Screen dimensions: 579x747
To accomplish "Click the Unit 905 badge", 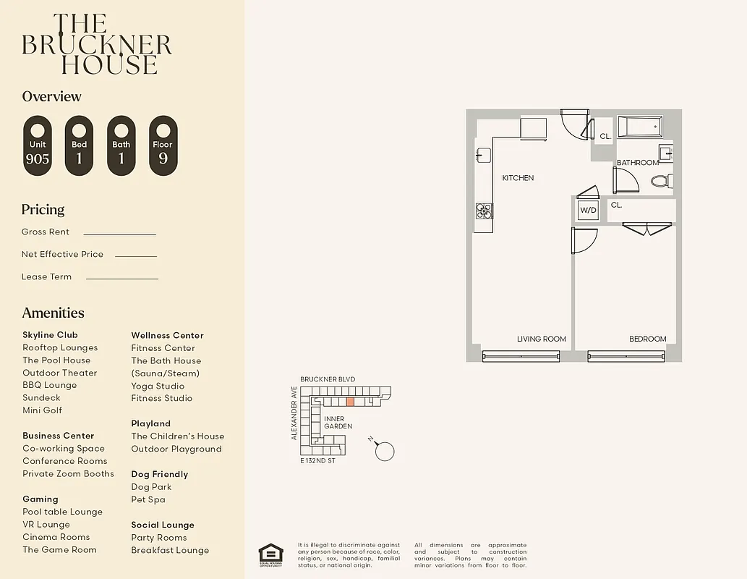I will (38, 145).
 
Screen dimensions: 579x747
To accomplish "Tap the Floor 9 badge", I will (163, 145).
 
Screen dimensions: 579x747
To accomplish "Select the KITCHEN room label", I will (518, 178).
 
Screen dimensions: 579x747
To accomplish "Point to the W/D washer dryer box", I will (588, 211).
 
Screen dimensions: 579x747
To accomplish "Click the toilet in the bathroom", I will (662, 180).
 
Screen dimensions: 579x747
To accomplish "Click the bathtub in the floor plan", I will (640, 127).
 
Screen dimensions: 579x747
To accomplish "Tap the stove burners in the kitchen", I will (483, 211).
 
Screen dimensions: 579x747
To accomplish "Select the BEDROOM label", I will (647, 339).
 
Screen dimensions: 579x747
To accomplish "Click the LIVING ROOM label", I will (541, 339).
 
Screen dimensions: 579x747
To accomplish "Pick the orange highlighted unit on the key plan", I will (350, 401).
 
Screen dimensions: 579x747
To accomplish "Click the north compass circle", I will (385, 451).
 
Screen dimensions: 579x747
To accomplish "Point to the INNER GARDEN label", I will (338, 423).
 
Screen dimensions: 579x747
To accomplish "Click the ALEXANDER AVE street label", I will (294, 413).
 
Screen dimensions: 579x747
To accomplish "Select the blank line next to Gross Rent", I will (119, 234).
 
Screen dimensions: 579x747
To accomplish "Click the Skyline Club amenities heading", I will (50, 335).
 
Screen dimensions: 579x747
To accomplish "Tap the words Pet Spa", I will (148, 499).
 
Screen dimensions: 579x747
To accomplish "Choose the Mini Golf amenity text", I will (42, 410).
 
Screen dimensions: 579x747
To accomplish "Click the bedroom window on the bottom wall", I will (626, 355).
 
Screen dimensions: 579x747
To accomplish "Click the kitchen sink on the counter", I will (482, 155).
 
